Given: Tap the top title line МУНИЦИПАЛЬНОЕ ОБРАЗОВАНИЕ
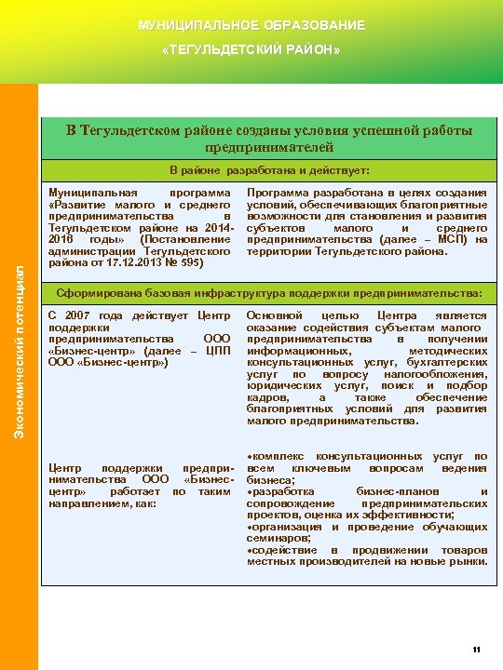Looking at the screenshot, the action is pyautogui.click(x=251, y=25).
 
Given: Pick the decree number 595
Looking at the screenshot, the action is pyautogui.click(x=192, y=262).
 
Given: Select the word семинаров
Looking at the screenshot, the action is pyautogui.click(x=276, y=538).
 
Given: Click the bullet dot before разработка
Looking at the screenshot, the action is pyautogui.click(x=249, y=491).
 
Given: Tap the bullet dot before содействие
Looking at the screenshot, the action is pyautogui.click(x=249, y=550).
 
